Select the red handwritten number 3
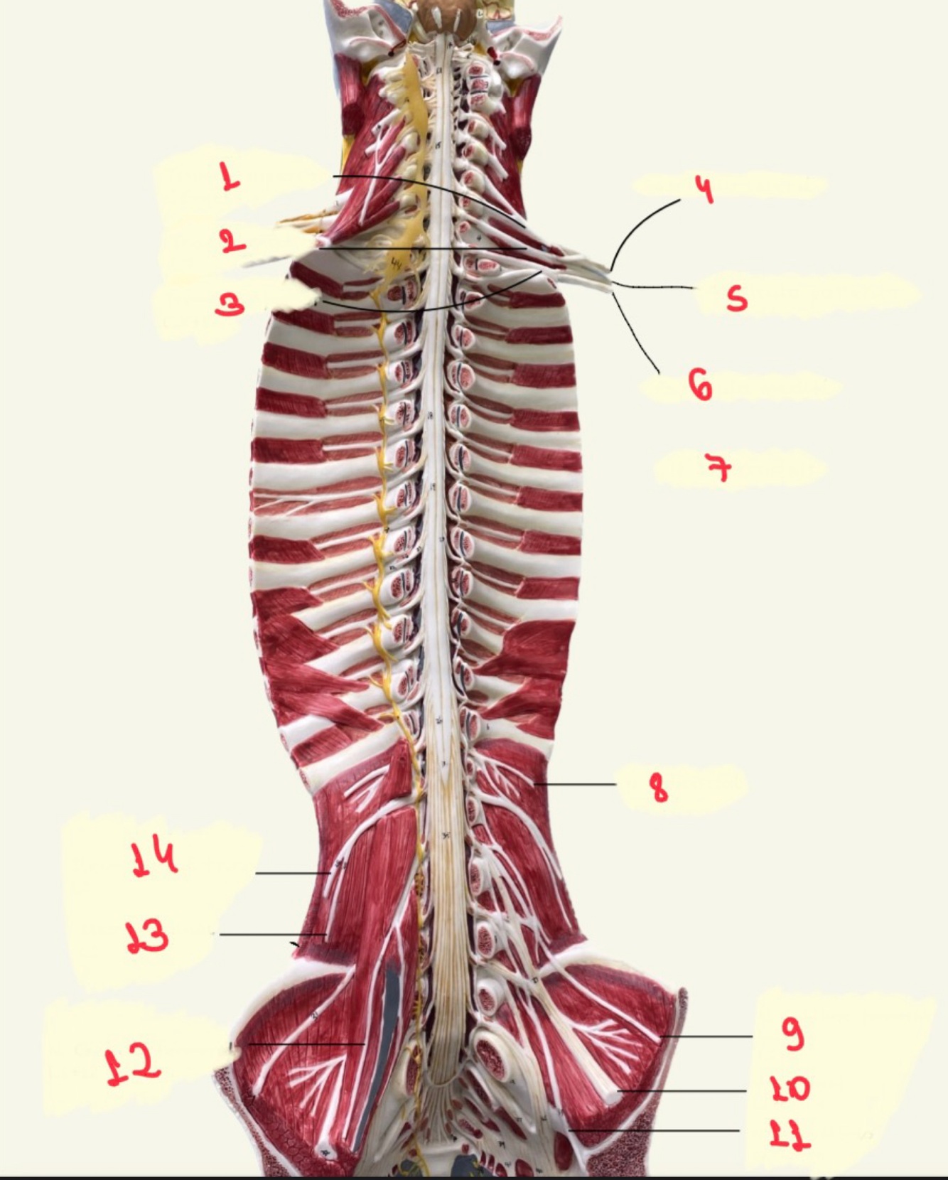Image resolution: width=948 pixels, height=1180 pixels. point(230,304)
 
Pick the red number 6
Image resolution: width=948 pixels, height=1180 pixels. point(700,385)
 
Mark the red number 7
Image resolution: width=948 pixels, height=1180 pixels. point(719,468)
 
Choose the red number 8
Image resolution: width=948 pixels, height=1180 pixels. point(659,788)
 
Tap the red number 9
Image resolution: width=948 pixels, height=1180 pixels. point(793,1033)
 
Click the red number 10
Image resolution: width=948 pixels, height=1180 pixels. point(790,1088)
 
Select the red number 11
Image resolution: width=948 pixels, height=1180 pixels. point(790,1135)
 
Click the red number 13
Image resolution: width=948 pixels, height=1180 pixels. point(147,935)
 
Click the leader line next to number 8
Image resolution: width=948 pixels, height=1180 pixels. point(576,784)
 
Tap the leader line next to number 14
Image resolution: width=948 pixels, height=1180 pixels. point(291,872)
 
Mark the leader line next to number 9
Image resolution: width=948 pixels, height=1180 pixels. point(707,1036)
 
